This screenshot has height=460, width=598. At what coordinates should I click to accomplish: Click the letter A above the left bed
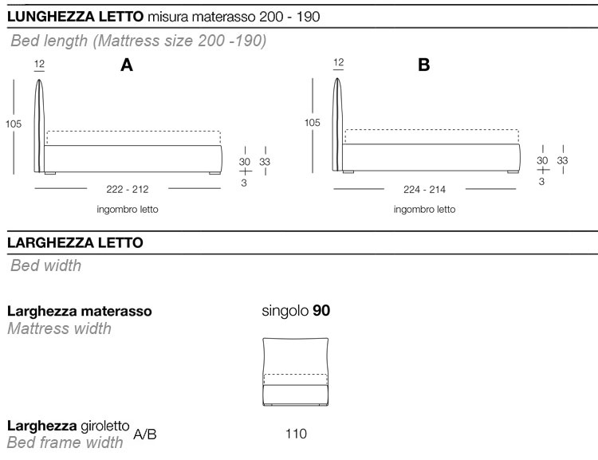[x=126, y=66]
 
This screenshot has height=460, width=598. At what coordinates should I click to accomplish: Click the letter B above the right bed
[x=423, y=66]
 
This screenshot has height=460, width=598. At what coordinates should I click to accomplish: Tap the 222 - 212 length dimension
[x=128, y=189]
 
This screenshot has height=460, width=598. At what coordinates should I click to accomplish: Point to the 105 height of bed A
[x=14, y=124]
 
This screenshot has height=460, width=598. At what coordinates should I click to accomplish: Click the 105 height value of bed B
[x=312, y=124]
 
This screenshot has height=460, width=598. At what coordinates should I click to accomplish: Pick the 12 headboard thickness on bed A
[x=40, y=62]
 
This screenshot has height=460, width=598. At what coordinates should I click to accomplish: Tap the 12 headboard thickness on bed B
[x=339, y=62]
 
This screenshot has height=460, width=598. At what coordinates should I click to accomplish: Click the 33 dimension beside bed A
[x=265, y=162]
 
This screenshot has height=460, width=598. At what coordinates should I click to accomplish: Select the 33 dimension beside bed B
[x=562, y=161]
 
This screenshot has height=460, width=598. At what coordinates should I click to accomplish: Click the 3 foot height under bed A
[x=244, y=183]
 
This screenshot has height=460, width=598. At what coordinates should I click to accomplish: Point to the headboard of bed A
[x=40, y=124]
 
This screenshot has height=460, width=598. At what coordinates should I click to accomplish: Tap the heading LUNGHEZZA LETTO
[x=76, y=16]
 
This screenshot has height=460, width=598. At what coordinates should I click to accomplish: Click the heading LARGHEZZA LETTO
[x=75, y=243]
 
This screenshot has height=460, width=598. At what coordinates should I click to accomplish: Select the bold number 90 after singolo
[x=321, y=311]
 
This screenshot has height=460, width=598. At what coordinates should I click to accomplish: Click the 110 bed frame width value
[x=296, y=434]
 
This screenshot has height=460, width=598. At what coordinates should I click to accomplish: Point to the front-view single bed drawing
[x=296, y=372]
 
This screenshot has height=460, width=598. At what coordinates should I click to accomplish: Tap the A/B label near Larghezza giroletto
[x=145, y=434]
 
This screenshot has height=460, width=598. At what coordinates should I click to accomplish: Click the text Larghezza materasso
[x=80, y=311]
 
